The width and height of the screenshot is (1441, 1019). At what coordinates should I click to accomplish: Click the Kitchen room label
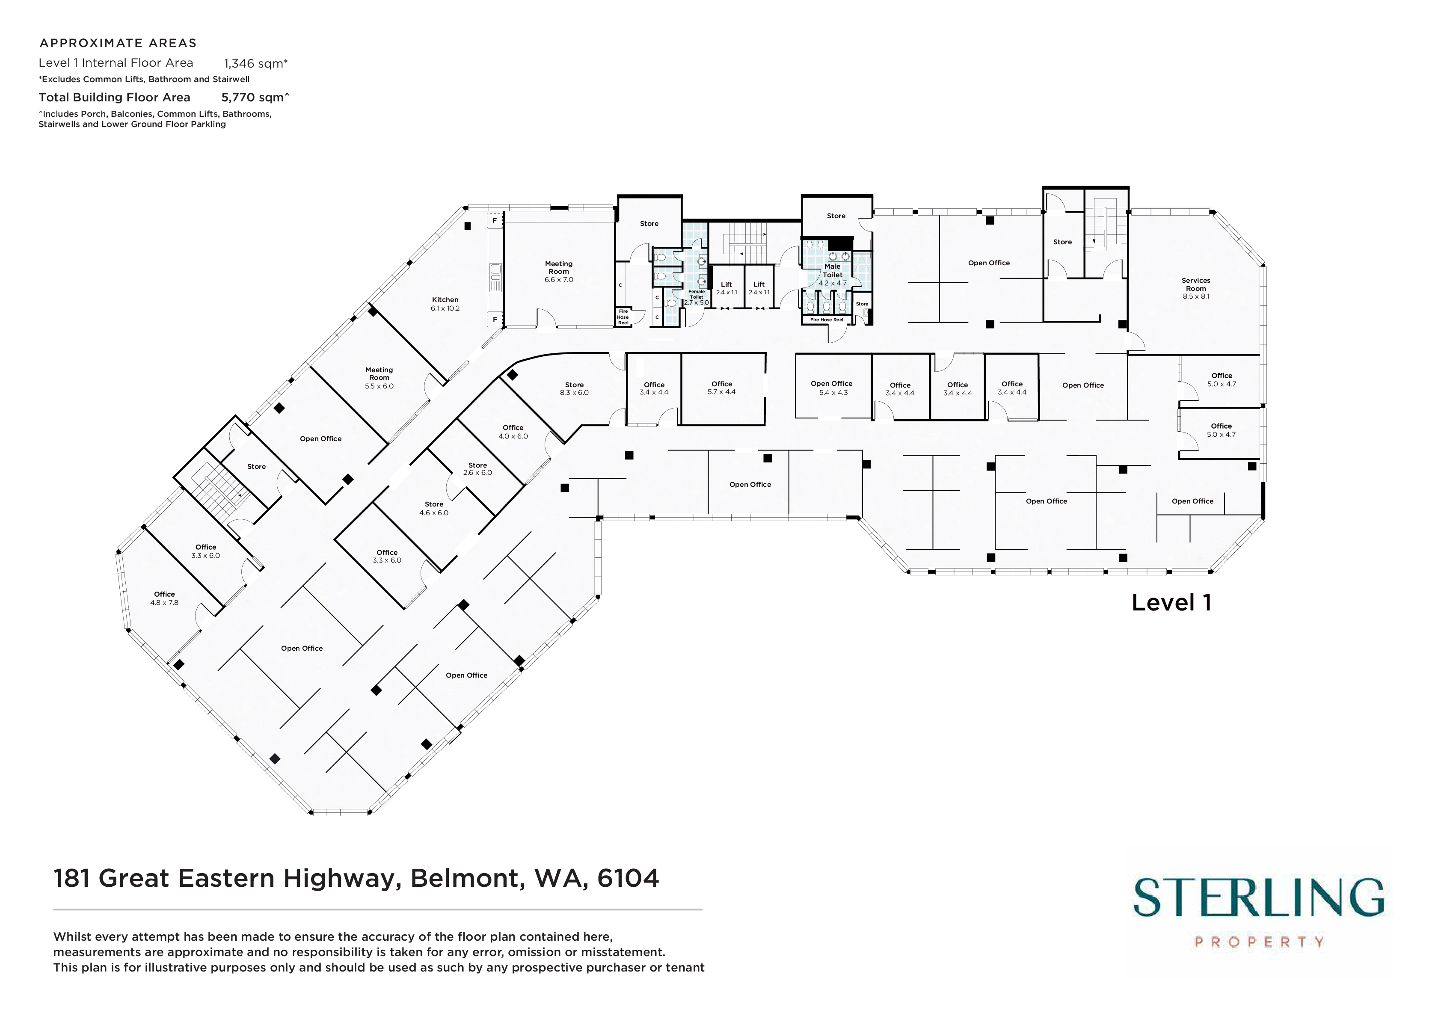pos(445,304)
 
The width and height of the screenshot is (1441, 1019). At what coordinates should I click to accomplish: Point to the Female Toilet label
pos(696,297)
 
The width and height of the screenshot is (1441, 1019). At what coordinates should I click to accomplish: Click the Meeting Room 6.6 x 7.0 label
pos(559,272)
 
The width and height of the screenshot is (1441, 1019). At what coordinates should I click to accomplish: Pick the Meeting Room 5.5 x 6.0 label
pos(379,378)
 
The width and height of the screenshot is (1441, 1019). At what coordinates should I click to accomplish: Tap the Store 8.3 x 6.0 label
pos(574,388)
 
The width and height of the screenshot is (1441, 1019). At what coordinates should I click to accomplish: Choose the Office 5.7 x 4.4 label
pos(722,388)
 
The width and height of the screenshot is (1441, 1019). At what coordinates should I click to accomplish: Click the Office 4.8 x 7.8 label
pos(164,598)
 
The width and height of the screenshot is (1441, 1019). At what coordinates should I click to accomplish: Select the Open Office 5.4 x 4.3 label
pos(832,388)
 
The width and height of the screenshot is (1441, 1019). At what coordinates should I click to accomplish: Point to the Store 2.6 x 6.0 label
pos(477,469)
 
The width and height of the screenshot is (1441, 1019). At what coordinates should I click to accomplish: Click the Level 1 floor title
pos(1171,602)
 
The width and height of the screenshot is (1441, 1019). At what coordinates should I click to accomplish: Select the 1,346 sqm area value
pos(255,63)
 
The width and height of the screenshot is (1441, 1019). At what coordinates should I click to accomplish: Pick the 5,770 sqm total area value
pos(255,97)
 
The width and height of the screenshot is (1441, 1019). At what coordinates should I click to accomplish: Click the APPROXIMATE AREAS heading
pos(118,43)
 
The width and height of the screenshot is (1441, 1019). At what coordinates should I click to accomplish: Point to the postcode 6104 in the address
pos(628,878)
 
